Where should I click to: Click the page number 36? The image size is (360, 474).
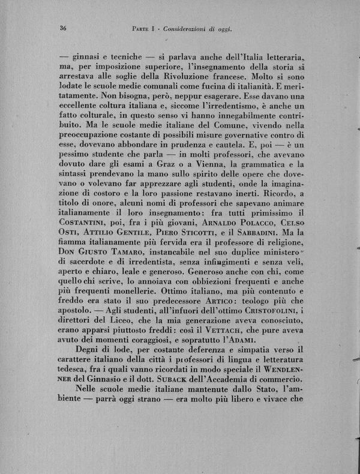[62, 28]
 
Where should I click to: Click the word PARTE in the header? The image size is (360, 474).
[142, 28]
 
